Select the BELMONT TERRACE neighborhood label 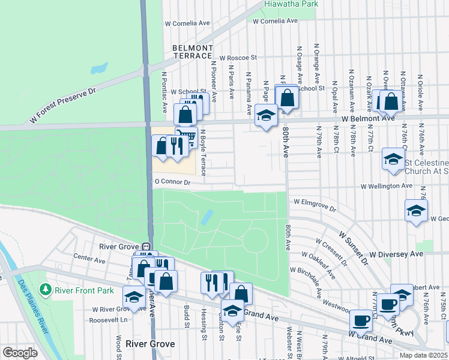(192, 52)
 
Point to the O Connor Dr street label (172, 181)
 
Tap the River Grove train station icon (145, 247)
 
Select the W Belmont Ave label (369, 118)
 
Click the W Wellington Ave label (387, 186)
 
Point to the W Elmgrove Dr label (315, 202)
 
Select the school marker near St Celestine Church (393, 159)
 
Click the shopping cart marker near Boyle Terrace (187, 137)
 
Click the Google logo (20, 352)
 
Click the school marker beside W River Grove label (134, 297)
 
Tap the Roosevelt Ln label (109, 320)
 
